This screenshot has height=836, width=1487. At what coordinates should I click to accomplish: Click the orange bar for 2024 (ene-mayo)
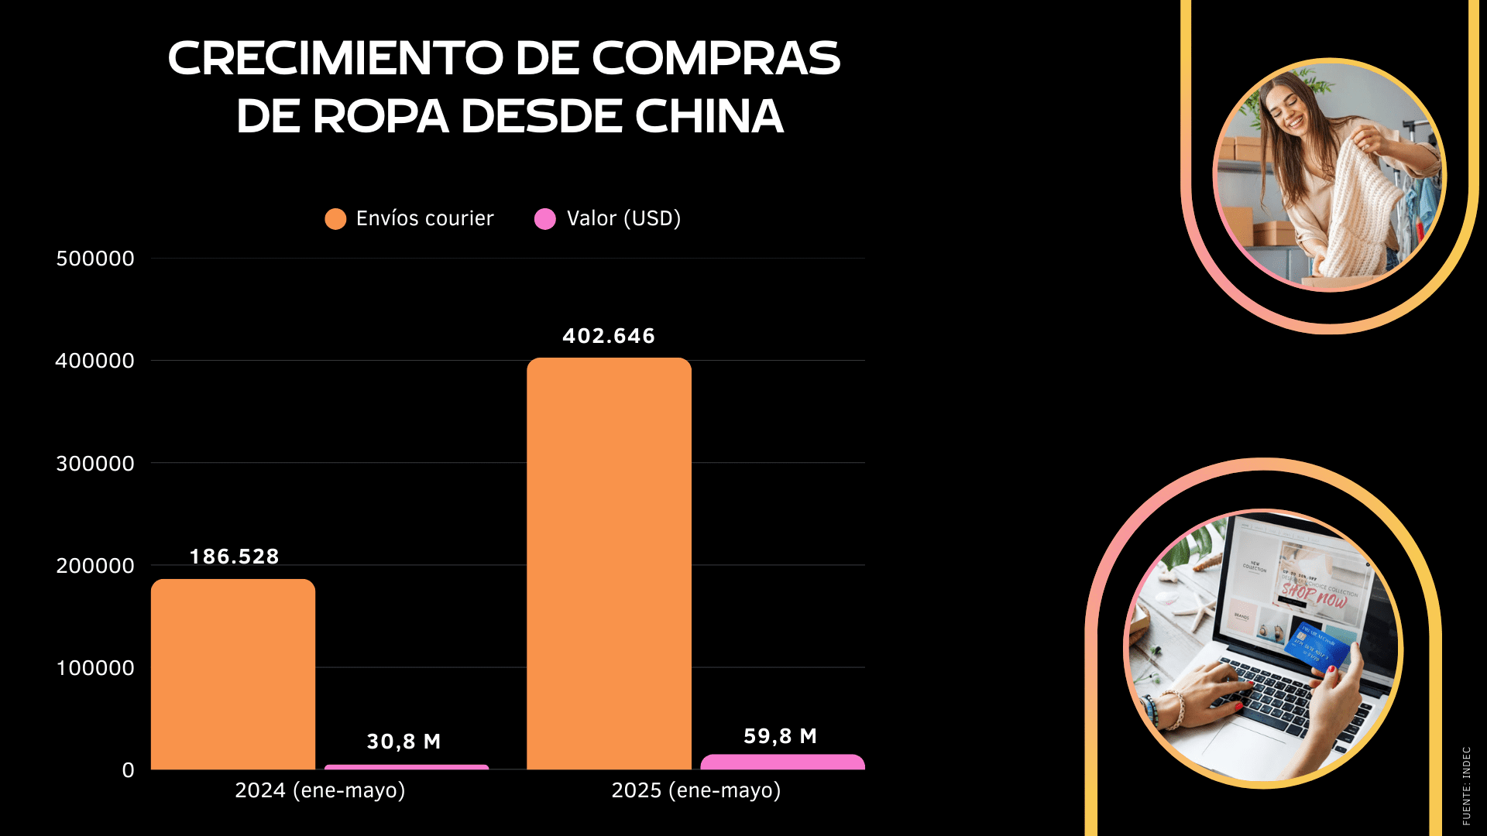233,673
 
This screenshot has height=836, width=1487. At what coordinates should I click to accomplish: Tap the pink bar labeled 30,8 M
407,767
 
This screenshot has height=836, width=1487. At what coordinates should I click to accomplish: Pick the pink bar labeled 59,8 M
782,762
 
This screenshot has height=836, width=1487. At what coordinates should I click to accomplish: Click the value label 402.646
609,336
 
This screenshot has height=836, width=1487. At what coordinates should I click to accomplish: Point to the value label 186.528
234,557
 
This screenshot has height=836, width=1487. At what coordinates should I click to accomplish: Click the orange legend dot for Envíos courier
335,219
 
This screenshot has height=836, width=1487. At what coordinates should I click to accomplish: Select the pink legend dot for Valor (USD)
545,219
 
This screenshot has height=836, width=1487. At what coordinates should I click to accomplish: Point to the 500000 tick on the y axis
95,259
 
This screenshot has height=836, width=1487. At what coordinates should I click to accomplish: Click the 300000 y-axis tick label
95,464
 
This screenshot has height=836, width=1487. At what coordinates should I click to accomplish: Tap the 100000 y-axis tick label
95,668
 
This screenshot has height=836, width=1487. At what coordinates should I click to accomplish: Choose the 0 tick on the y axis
128,770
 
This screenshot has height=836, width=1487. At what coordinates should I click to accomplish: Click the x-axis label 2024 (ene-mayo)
320,790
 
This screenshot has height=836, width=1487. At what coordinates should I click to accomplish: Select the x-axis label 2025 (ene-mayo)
696,790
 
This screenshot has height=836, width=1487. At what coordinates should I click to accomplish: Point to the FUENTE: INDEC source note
1466,785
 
